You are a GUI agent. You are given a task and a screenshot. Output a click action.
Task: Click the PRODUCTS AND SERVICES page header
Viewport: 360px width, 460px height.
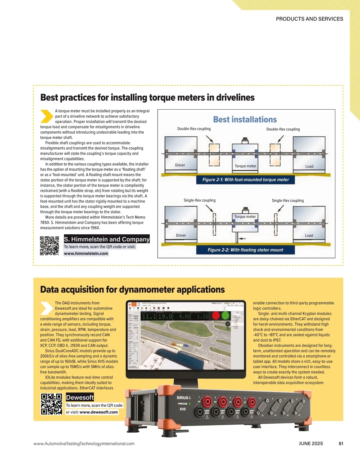[309, 19]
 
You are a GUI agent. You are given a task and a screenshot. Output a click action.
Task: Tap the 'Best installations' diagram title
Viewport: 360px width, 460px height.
[245, 120]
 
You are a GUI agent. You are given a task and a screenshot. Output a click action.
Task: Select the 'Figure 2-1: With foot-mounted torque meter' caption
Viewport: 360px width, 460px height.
[245, 180]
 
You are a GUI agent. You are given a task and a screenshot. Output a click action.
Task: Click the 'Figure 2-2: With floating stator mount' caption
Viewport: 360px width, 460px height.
[245, 250]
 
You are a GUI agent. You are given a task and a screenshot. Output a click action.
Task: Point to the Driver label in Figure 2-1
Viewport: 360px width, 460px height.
[180, 165]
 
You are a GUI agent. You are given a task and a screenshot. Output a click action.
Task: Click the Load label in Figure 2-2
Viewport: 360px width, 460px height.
[309, 236]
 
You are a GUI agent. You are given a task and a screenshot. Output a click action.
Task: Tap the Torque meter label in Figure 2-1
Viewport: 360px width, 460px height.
[245, 166]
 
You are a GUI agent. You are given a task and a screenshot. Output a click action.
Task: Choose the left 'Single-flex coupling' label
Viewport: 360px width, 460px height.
[199, 200]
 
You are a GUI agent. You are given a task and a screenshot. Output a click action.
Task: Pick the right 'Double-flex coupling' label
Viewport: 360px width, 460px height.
[283, 129]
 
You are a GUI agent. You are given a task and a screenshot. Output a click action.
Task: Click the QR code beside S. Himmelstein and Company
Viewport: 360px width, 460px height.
[49, 246]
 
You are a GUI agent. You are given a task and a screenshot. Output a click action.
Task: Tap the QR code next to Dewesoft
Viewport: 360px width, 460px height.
[51, 404]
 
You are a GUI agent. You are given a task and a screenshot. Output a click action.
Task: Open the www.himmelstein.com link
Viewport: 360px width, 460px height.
[86, 254]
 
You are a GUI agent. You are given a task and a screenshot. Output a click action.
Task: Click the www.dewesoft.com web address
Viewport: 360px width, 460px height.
[99, 412]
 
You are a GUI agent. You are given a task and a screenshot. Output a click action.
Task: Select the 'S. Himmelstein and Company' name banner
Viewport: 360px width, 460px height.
[106, 239]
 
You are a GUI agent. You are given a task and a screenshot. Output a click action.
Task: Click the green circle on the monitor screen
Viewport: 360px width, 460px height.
[225, 316]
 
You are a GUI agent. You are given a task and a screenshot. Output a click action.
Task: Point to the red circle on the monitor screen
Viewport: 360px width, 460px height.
[216, 316]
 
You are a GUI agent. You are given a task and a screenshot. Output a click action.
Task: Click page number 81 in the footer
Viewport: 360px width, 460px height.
[341, 444]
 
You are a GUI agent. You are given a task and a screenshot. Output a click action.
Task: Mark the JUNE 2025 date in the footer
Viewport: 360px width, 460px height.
[311, 444]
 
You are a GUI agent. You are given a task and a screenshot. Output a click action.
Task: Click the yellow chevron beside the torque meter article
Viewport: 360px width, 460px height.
[46, 116]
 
